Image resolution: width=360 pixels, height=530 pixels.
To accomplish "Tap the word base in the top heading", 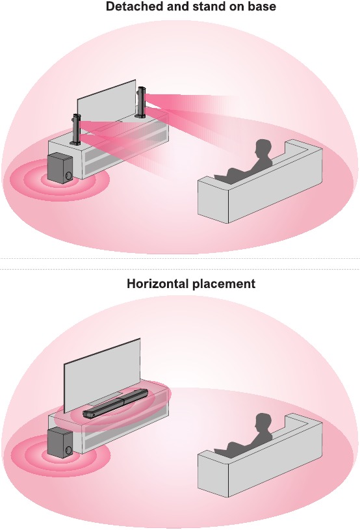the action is tap(263, 6).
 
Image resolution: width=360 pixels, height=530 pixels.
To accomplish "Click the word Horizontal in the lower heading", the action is tap(158, 284).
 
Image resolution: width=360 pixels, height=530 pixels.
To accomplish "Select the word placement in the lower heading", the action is tap(224, 284).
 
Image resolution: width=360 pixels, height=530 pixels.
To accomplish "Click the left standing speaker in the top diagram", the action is tap(76, 129).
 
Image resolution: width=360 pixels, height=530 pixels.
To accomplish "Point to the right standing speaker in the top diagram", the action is tap(140, 102).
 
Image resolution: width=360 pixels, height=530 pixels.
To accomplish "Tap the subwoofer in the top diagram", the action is tap(60, 168).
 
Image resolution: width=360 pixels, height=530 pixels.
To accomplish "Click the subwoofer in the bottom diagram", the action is tap(60, 442).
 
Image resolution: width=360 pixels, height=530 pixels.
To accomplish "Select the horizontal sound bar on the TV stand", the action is tap(116, 403).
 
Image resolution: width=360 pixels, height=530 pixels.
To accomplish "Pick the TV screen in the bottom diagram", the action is tap(102, 375).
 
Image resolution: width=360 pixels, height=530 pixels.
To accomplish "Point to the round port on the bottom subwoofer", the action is tap(68, 450).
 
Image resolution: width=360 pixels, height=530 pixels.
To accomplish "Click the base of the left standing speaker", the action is tap(75, 143).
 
